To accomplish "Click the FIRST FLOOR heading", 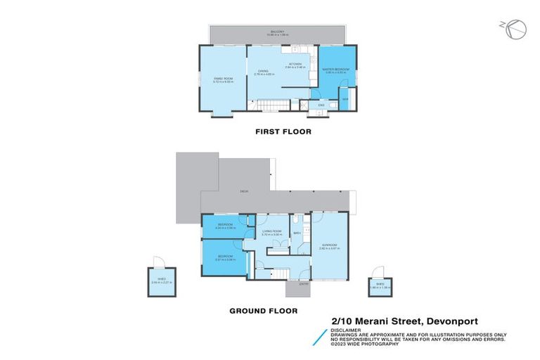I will [x=282, y=131].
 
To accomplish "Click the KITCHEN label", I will [x=295, y=65].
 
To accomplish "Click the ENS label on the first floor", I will [x=321, y=105].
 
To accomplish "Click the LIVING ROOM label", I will [x=271, y=231].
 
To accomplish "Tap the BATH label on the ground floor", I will [x=297, y=231].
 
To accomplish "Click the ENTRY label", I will [x=293, y=284].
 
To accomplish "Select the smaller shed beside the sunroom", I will [x=379, y=285].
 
